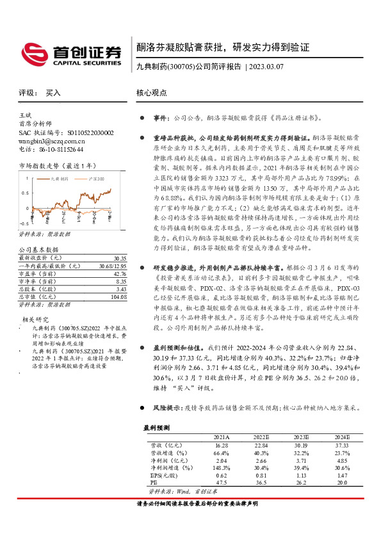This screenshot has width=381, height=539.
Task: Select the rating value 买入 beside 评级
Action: click(53, 93)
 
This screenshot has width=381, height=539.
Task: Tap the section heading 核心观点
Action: click(152, 93)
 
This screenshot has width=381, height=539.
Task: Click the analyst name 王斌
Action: click(25, 115)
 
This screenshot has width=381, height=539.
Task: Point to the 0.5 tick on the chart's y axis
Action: click(26, 193)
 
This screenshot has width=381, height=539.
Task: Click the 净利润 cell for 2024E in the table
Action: click(342, 460)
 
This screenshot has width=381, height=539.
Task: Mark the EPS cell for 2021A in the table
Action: click(222, 476)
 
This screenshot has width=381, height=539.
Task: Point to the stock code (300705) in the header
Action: click(181, 67)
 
